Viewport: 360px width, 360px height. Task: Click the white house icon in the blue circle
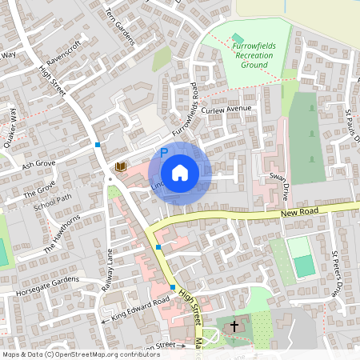[x=180, y=172]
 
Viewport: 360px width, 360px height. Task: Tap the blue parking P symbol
[x=164, y=152]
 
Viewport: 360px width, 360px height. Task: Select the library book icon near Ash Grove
[x=121, y=166]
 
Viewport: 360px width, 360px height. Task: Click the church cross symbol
[x=234, y=326]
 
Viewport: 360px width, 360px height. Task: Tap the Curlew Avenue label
[x=226, y=109]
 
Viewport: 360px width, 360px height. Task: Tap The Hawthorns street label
[x=62, y=233]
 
